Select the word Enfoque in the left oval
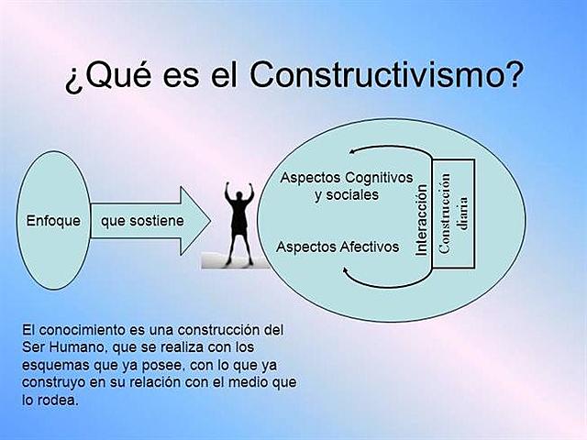[53, 221]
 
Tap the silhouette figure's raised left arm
[228, 192]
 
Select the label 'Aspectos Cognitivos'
[347, 177]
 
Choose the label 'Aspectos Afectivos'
[338, 246]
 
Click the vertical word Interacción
[422, 221]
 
